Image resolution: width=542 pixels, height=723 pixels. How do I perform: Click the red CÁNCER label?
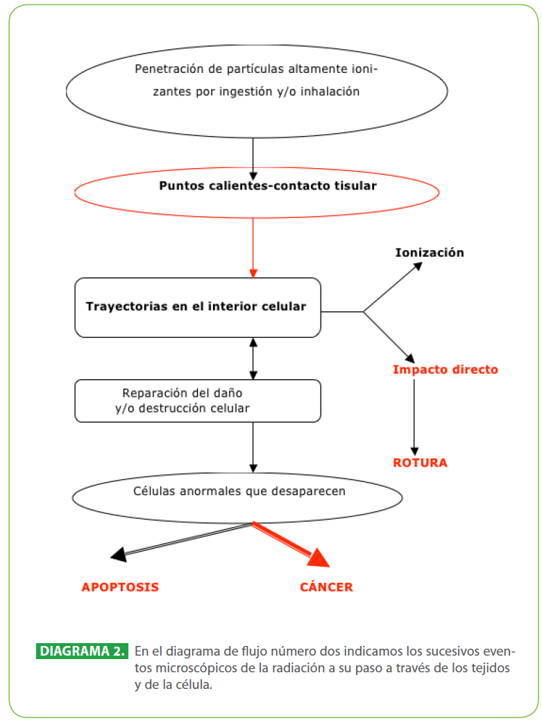[x=326, y=586]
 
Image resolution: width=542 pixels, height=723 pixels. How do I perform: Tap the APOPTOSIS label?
[x=120, y=587]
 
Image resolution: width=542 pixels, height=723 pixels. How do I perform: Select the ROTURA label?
[x=420, y=463]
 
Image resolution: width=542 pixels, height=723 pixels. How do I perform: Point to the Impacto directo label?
[x=446, y=369]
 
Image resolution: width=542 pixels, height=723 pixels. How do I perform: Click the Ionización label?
[x=430, y=252]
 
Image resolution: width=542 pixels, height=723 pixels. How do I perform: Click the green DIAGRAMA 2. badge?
[x=82, y=651]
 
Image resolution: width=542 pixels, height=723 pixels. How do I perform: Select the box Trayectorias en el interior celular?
[x=198, y=308]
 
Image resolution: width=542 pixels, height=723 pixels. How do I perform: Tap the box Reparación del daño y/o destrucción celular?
[x=198, y=401]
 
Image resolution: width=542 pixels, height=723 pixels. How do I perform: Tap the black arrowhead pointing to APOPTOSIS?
[x=119, y=554]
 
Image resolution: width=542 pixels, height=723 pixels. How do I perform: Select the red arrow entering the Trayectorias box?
[x=253, y=248]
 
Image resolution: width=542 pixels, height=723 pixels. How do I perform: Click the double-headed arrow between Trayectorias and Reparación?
[x=253, y=359]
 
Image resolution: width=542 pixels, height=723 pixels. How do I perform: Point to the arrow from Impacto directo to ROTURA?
[x=414, y=417]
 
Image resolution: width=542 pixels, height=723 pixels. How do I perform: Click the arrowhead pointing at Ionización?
[x=418, y=266]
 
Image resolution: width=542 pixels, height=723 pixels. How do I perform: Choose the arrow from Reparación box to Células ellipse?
[x=253, y=447]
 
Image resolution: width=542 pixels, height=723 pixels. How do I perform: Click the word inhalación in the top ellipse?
[x=330, y=91]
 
